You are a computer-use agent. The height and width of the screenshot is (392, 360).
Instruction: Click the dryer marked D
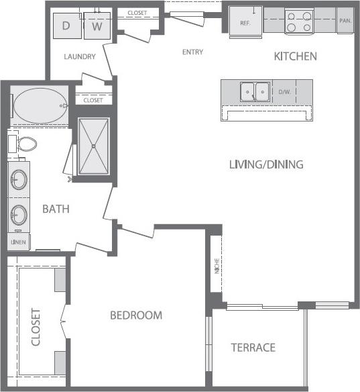[x=66, y=26]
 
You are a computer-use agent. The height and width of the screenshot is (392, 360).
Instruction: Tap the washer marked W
[x=97, y=26]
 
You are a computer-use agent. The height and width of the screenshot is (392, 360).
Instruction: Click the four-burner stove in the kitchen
[x=298, y=21]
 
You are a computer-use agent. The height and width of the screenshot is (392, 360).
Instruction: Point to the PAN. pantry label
[x=345, y=21]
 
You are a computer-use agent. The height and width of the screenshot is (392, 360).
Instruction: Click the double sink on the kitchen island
[x=255, y=91]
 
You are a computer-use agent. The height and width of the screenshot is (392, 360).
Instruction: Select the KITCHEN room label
[x=295, y=56]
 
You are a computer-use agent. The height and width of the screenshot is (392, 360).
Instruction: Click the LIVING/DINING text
[x=266, y=164]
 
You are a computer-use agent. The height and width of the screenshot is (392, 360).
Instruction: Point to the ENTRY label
[x=193, y=51]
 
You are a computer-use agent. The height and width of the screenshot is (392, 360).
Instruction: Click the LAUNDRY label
[x=79, y=57]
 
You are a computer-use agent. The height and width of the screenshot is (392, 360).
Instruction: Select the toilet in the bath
[x=27, y=143]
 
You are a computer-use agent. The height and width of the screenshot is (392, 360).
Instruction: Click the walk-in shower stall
[x=93, y=146]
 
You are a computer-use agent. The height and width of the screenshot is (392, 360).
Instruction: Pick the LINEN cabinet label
[x=18, y=242]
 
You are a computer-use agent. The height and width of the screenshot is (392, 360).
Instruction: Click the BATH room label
[x=56, y=209]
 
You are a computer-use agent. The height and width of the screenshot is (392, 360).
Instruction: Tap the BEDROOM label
[x=136, y=315]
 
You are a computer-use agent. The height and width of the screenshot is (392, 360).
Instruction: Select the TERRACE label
[x=253, y=347]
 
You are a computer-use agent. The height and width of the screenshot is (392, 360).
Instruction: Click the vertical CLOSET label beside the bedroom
[x=36, y=328]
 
